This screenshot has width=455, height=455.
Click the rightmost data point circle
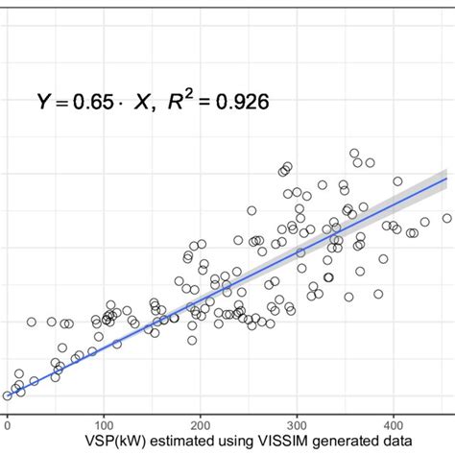point(446,218)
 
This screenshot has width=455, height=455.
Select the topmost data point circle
point(354,154)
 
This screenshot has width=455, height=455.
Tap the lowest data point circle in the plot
point(8,395)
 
